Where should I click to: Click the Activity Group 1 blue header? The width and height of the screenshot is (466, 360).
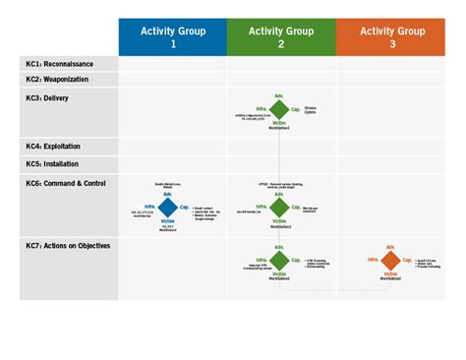pyautogui.click(x=173, y=37)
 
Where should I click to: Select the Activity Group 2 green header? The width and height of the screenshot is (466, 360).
pyautogui.click(x=281, y=37)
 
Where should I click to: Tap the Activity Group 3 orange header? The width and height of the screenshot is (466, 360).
pyautogui.click(x=391, y=37)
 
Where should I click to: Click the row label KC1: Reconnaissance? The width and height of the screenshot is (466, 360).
pyautogui.click(x=61, y=63)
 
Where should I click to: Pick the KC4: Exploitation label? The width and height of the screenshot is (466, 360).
pyautogui.click(x=55, y=147)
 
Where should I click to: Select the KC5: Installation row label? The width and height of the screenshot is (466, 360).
pyautogui.click(x=53, y=163)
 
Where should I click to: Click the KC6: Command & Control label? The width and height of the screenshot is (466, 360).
pyautogui.click(x=66, y=182)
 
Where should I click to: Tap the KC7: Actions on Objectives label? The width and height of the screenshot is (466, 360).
pyautogui.click(x=68, y=245)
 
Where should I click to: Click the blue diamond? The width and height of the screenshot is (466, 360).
pyautogui.click(x=168, y=208)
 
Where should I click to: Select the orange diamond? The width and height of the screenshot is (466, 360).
pyautogui.click(x=391, y=261)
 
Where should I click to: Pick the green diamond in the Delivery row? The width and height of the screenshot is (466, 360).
pyautogui.click(x=280, y=108)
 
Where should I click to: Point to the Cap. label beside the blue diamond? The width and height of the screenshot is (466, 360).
pyautogui.click(x=185, y=207)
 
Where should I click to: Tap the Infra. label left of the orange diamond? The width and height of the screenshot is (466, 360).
pyautogui.click(x=374, y=260)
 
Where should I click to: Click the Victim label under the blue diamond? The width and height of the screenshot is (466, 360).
pyautogui.click(x=168, y=221)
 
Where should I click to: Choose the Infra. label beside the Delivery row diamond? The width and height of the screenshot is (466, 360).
pyautogui.click(x=262, y=108)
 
